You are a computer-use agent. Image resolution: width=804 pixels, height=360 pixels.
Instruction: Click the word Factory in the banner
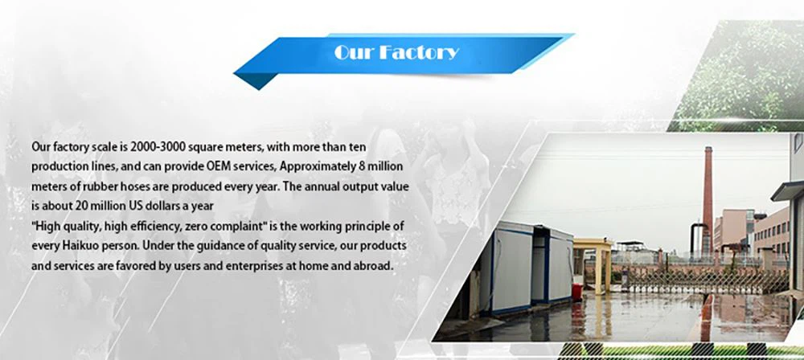420,53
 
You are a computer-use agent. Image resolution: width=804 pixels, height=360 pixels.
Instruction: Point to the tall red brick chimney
708,197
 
